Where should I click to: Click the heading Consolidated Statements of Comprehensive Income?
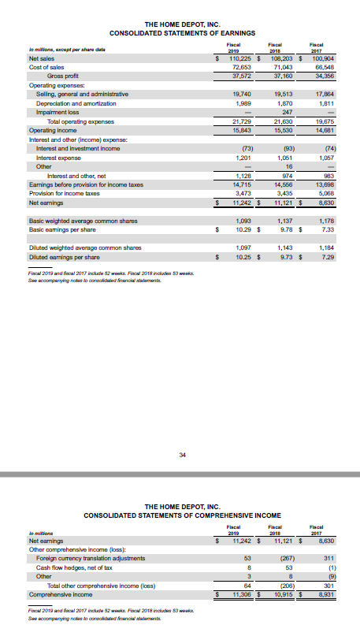pos(180,515)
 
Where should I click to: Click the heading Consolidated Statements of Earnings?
pos(180,33)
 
